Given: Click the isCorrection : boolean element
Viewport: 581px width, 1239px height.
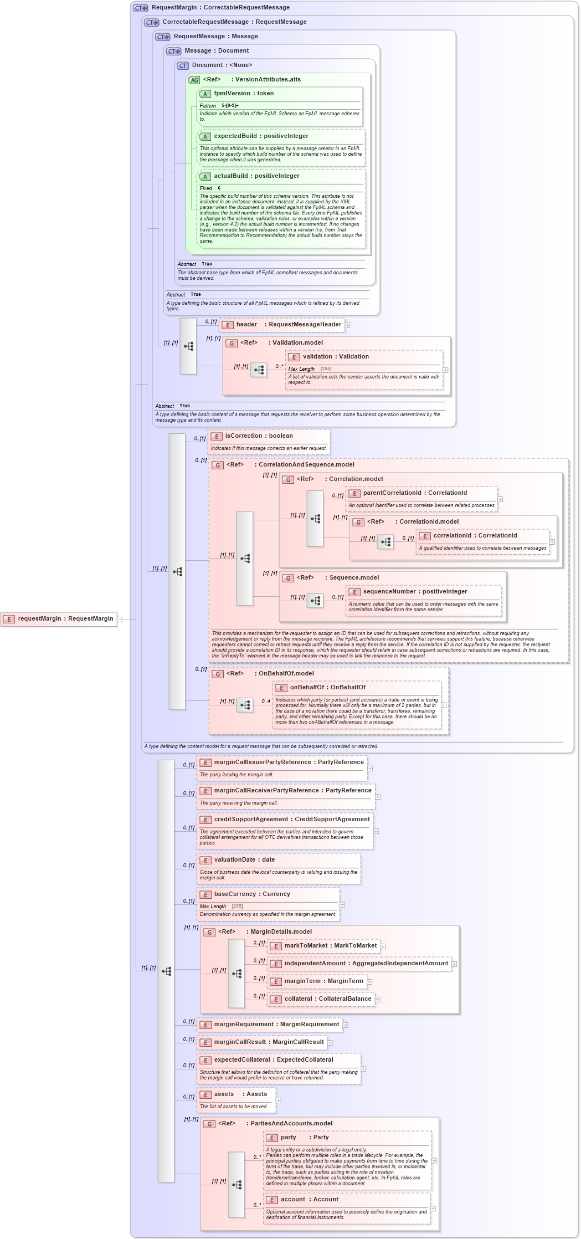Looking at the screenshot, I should pos(259,436).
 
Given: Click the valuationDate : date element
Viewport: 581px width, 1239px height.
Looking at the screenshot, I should pos(244,860).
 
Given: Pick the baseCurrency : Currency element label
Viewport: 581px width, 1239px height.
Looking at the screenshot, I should pos(252,894).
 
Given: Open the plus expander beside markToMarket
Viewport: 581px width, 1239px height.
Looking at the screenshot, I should pos(383,946).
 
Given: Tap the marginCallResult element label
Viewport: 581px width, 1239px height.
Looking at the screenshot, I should pos(269,1042).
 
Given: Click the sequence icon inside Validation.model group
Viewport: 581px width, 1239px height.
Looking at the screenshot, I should pos(259,370).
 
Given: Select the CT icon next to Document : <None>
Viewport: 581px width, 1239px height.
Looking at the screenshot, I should pos(183,66).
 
